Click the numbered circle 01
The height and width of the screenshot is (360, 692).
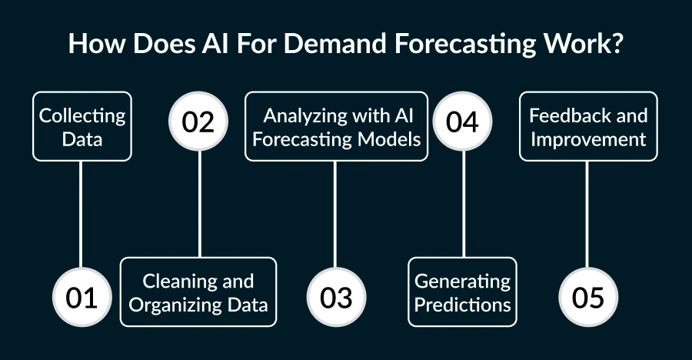point(82,298)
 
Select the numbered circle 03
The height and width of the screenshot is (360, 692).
point(336,298)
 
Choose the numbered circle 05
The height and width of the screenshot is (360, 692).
point(588,298)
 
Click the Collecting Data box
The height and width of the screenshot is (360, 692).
point(82,127)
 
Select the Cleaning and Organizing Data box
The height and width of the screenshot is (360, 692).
point(198,292)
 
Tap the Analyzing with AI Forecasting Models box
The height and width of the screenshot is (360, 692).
point(336,127)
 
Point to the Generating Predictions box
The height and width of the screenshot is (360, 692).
point(463,292)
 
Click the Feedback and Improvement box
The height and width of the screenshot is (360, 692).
point(588,127)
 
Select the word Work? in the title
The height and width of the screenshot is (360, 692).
point(588,44)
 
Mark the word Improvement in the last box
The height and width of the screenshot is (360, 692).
point(588,139)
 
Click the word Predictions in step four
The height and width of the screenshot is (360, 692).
point(463,305)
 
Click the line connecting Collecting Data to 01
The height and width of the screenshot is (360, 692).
point(82,215)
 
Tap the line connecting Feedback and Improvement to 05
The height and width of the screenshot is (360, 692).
point(588,215)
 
